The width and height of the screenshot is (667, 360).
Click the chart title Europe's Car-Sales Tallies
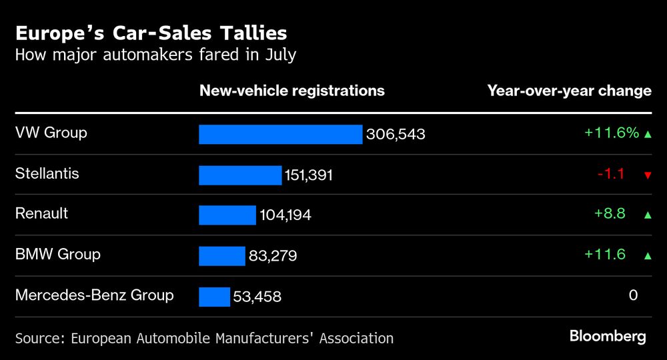click(151, 33)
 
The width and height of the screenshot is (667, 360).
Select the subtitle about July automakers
click(155, 55)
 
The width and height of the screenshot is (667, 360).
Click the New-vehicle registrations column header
click(291, 91)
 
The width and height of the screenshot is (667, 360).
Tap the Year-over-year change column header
click(569, 91)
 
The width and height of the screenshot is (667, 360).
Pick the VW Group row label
click(51, 133)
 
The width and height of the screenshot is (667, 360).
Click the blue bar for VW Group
click(280, 134)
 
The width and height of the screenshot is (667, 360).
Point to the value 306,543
click(396, 135)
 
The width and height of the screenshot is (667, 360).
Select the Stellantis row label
click(47, 173)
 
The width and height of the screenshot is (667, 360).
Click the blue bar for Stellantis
click(240, 175)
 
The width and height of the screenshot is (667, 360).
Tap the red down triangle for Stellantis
click(647, 175)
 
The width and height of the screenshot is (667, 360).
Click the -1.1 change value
click(610, 174)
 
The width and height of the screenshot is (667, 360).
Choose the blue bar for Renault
click(227, 215)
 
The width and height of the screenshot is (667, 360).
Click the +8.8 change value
click(610, 214)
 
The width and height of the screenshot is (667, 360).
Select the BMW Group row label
click(57, 254)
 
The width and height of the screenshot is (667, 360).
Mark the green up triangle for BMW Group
click(647, 255)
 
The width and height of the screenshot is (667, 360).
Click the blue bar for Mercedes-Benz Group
click(214, 297)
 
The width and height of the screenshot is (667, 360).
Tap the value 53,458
click(257, 297)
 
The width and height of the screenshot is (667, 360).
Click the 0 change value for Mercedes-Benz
click(633, 295)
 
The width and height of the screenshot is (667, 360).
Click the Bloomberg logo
click(608, 337)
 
